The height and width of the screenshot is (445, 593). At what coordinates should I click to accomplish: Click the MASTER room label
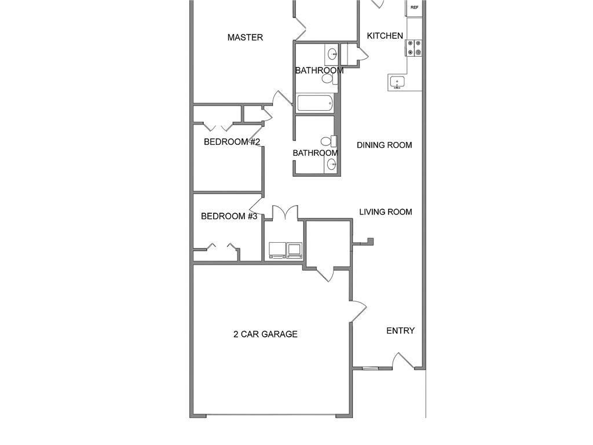click(x=245, y=38)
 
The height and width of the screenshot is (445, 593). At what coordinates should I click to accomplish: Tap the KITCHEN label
click(x=385, y=36)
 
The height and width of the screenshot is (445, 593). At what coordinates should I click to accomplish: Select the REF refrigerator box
click(x=415, y=8)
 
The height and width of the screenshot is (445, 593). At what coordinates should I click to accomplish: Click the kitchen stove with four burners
click(x=414, y=48)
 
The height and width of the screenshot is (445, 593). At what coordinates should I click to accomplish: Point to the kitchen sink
click(x=397, y=82)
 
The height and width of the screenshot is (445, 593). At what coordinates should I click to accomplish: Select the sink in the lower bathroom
click(x=332, y=165)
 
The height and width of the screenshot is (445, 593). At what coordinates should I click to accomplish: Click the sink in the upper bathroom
click(x=332, y=55)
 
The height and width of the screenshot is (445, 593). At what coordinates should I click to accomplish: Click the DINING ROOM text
click(x=385, y=145)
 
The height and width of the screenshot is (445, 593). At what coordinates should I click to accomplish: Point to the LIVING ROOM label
click(x=386, y=212)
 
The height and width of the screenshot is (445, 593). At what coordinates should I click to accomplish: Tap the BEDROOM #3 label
click(x=229, y=217)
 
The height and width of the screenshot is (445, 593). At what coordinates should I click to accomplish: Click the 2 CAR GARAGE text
click(x=265, y=334)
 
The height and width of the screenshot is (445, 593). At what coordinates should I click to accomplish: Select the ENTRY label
click(x=401, y=331)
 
